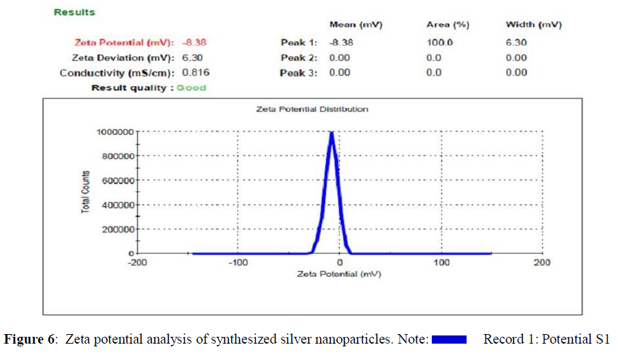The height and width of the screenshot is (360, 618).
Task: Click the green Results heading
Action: coord(74,12)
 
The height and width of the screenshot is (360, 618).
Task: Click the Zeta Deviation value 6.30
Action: coord(192,58)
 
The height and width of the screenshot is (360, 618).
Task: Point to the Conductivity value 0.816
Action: coord(195,73)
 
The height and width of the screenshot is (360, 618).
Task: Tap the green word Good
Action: coord(191,88)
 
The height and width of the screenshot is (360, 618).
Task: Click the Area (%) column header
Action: coord(447,25)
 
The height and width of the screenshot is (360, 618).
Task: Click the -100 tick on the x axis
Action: coord(237,262)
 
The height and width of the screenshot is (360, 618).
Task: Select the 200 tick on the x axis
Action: coord(542,262)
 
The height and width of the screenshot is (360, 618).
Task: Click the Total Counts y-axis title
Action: coord(87,192)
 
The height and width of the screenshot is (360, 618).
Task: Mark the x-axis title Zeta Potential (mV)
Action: coord(338,274)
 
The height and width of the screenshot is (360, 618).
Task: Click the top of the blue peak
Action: coord(332,133)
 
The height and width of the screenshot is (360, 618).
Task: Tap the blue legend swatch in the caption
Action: coord(448,340)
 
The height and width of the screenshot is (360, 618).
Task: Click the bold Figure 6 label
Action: coord(31,340)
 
